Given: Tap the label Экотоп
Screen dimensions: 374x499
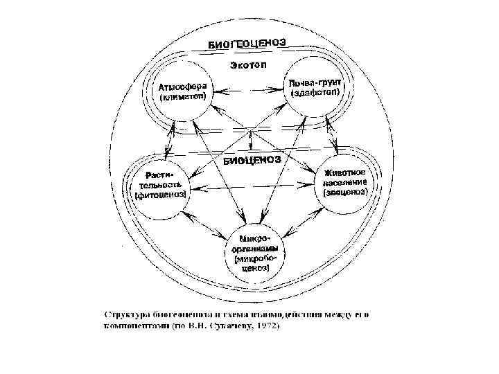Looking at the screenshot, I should (x=247, y=66).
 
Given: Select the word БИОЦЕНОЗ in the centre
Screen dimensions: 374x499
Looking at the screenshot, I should (x=252, y=161).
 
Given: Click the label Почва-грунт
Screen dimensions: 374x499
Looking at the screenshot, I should (x=315, y=82).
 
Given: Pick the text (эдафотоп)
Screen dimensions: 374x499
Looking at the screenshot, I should (x=315, y=93).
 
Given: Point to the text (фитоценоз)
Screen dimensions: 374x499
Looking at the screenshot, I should (x=161, y=195).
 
